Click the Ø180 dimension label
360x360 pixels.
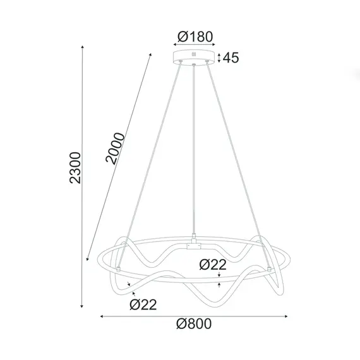(195, 37)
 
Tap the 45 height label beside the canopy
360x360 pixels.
(231, 59)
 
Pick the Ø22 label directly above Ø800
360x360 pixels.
(143, 305)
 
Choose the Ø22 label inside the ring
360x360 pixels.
(213, 265)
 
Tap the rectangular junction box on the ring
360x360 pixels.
(195, 243)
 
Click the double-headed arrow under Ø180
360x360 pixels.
(195, 45)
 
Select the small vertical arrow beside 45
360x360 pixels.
(219, 59)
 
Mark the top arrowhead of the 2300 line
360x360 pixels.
(83, 46)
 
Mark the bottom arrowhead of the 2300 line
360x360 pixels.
(83, 306)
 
